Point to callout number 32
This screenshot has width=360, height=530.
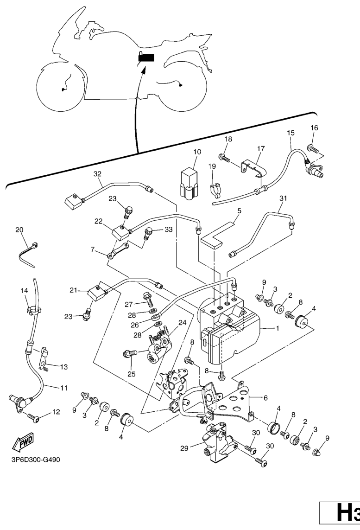[x=97, y=174]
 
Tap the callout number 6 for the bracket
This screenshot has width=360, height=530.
[x=266, y=398]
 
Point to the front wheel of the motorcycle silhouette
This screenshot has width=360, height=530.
[x=61, y=88]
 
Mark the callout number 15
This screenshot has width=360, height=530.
[x=291, y=133]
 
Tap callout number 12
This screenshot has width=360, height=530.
[x=56, y=412]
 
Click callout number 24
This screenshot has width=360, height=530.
[x=169, y=322]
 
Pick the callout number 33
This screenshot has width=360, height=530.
[x=168, y=229]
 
